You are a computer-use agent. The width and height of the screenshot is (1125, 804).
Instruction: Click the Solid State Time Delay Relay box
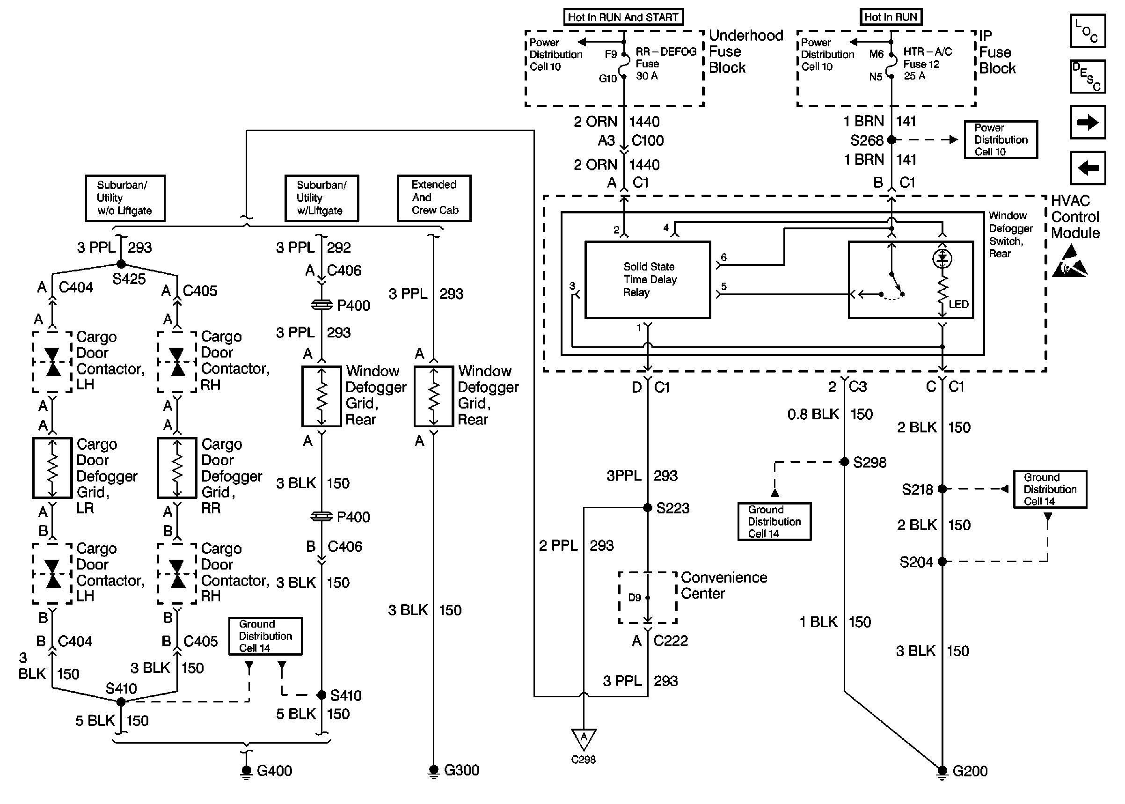tap(647, 280)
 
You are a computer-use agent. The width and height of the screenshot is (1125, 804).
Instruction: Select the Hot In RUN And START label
tap(623, 17)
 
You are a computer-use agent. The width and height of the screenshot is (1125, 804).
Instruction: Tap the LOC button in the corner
tap(1088, 31)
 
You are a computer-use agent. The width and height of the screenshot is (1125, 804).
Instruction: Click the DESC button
tap(1088, 77)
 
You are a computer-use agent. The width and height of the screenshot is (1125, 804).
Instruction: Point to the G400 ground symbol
tap(246, 771)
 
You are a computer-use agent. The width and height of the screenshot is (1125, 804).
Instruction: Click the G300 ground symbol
tap(433, 770)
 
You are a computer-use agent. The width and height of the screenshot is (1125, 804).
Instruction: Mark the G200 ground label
tap(970, 771)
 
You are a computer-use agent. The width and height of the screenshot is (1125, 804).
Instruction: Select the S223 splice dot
tap(647, 507)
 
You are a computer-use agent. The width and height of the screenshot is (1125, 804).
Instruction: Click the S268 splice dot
tap(891, 140)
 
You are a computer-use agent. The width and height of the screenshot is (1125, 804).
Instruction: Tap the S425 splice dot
tap(121, 264)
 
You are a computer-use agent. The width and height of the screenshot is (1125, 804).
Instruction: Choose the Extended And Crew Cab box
tap(434, 197)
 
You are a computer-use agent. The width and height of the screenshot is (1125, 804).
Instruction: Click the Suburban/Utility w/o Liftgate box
tap(125, 197)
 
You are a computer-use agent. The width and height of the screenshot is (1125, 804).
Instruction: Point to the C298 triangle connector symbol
tap(584, 738)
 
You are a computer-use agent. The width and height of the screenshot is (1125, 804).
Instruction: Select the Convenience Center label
tap(723, 585)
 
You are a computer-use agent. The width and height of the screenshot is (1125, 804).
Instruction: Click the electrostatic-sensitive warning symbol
tap(1070, 262)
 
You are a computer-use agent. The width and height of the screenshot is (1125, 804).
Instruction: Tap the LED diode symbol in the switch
tap(942, 258)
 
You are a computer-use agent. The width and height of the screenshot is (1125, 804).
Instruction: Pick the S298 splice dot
tap(844, 462)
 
